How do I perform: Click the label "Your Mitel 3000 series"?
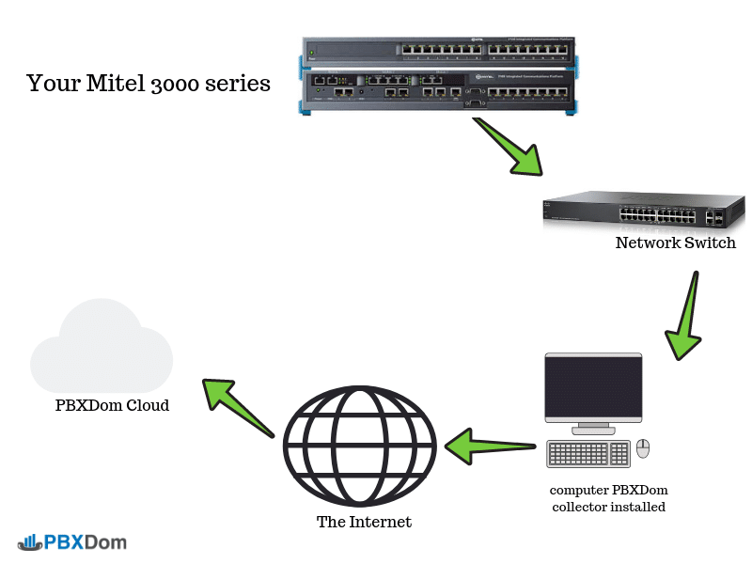click(149, 84)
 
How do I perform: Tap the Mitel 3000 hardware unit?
click(439, 76)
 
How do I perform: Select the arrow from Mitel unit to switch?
click(508, 146)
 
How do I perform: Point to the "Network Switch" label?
click(675, 243)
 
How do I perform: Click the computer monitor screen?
click(593, 388)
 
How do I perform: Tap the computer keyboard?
click(588, 453)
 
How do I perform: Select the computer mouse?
click(643, 448)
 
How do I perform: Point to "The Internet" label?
click(364, 522)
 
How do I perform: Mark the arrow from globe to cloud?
click(238, 405)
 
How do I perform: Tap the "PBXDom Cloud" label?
click(112, 406)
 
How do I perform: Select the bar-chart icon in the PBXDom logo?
click(28, 541)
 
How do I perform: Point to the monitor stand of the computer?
click(593, 429)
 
